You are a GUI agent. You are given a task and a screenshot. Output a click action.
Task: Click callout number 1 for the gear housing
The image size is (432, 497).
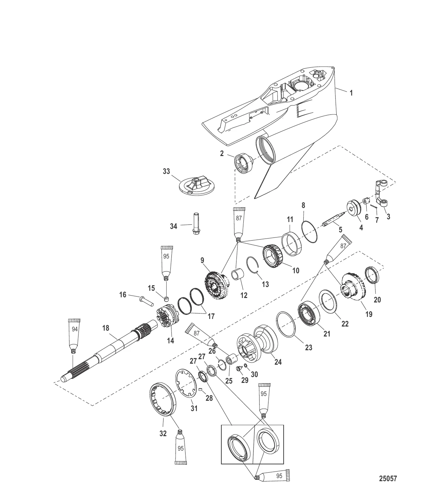(x=351, y=92)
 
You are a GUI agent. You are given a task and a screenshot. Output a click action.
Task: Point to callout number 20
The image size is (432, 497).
(x=377, y=300)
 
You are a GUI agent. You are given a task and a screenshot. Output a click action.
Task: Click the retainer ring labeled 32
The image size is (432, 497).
(x=164, y=399)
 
